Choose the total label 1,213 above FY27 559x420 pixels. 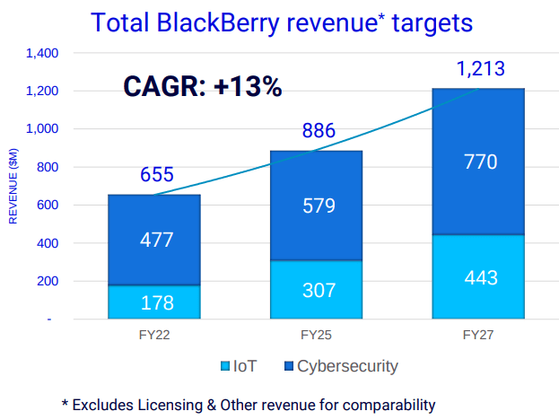(x=480, y=69)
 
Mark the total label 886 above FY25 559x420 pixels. (x=319, y=132)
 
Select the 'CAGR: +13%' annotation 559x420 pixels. (x=202, y=87)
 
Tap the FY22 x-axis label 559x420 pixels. (x=154, y=335)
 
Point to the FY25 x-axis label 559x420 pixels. (x=316, y=335)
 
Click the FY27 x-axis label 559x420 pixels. (x=477, y=335)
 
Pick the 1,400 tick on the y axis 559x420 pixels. (x=42, y=54)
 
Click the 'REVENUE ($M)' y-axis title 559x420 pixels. (x=13, y=184)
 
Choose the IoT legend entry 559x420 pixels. (x=238, y=366)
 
